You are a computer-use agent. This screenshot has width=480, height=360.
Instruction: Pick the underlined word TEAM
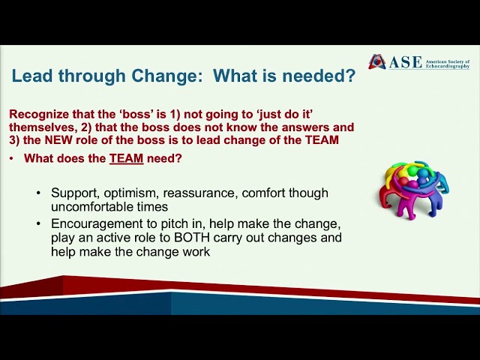[x=126, y=158]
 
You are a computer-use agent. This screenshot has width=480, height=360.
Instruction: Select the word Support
[x=73, y=193]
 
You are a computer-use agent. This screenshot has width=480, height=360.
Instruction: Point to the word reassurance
[x=199, y=193]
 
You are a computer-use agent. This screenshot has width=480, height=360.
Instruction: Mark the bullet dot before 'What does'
[x=12, y=159]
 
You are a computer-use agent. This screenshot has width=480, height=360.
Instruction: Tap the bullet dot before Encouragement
[x=39, y=224]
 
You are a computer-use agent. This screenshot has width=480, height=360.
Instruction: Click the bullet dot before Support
[x=39, y=193]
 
